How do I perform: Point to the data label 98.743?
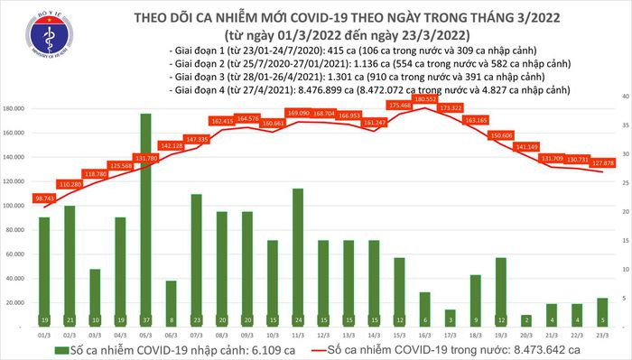click(x=44, y=198)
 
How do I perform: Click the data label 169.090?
click(x=297, y=114)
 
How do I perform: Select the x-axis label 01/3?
click(x=44, y=333)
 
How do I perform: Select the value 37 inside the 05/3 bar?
click(x=145, y=320)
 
